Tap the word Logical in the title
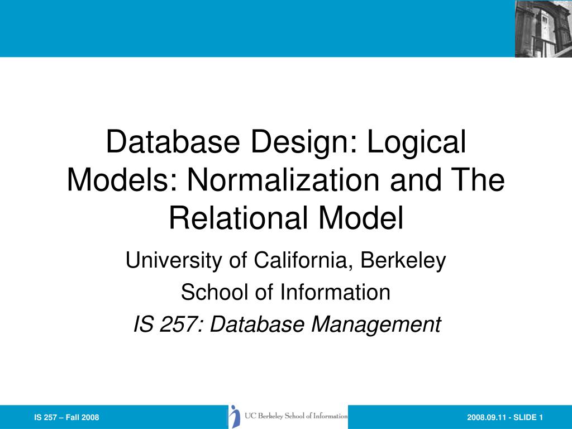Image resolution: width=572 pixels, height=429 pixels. (417, 142)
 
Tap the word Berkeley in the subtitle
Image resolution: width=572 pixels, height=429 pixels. (403, 260)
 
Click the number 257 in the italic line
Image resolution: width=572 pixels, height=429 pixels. (175, 324)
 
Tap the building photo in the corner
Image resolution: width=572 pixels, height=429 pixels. (543, 28)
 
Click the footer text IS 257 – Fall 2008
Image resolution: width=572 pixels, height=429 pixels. (66, 417)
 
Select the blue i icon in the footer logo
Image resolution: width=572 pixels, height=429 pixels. (235, 417)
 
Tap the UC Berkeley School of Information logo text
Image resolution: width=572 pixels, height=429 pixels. (296, 416)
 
